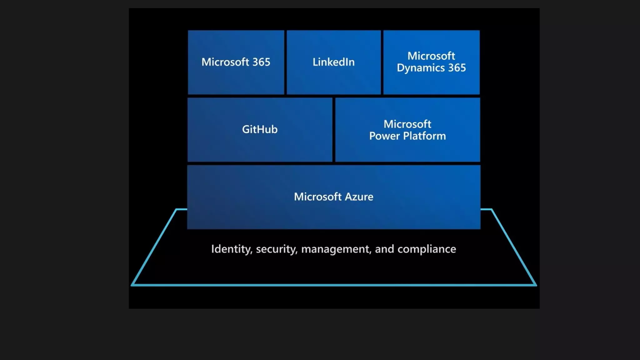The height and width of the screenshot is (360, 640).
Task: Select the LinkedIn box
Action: [x=334, y=62]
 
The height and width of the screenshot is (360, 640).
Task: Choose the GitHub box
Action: [x=260, y=129]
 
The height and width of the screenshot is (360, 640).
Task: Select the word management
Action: [x=336, y=249]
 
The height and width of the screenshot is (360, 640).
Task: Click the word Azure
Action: [x=359, y=197]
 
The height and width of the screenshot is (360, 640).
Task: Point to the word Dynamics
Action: [x=421, y=68]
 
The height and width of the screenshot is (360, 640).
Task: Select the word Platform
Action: [x=424, y=136]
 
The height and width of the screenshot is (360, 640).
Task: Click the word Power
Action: [x=384, y=136]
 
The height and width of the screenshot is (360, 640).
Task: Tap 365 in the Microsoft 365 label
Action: [x=261, y=62]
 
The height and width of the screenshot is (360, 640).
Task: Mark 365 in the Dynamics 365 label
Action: [x=457, y=68]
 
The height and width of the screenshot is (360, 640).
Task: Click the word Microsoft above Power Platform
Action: [x=407, y=124]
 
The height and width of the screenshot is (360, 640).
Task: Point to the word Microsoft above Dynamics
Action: [x=431, y=56]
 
